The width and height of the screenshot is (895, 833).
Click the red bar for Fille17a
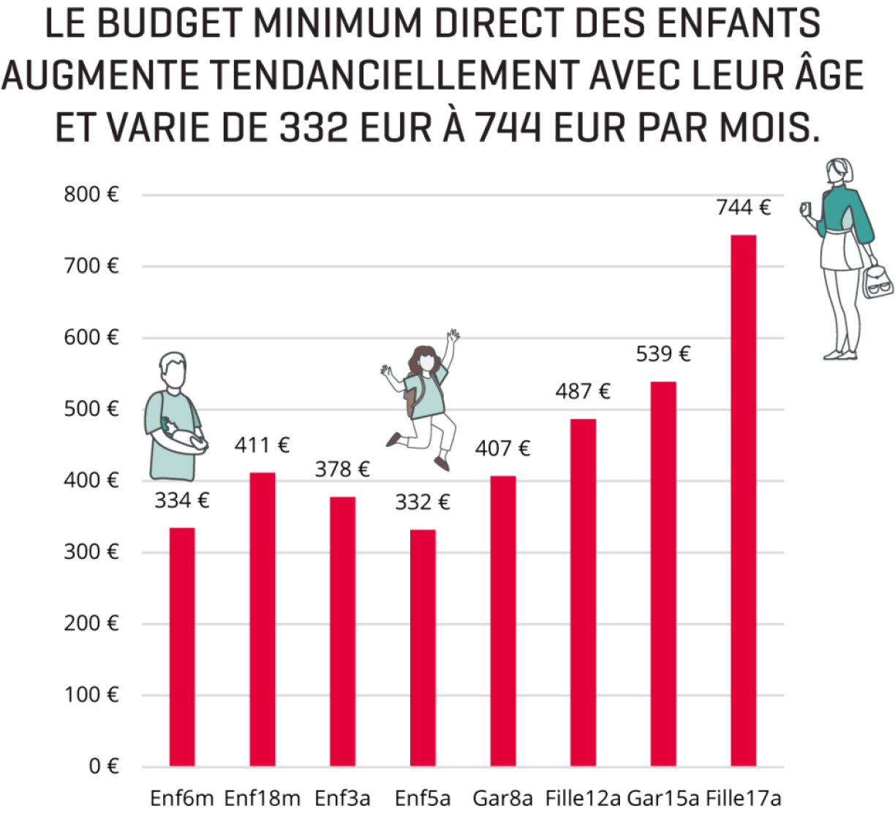point(743,500)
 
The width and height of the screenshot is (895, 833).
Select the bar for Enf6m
point(182,647)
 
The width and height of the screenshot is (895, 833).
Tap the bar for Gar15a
point(663,573)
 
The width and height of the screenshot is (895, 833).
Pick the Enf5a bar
point(423,647)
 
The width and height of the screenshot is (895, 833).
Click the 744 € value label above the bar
point(743,208)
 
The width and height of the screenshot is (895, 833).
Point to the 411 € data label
point(262,445)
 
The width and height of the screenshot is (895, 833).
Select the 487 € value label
point(583,391)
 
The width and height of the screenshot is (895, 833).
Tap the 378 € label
point(342,469)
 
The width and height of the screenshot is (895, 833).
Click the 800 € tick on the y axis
point(91,195)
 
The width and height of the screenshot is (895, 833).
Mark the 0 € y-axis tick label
point(103,766)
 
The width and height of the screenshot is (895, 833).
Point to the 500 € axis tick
point(91,409)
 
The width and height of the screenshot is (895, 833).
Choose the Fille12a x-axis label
point(583,798)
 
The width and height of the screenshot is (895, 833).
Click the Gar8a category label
point(502,798)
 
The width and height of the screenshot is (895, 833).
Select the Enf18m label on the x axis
point(262,798)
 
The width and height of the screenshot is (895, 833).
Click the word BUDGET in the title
point(169,23)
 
